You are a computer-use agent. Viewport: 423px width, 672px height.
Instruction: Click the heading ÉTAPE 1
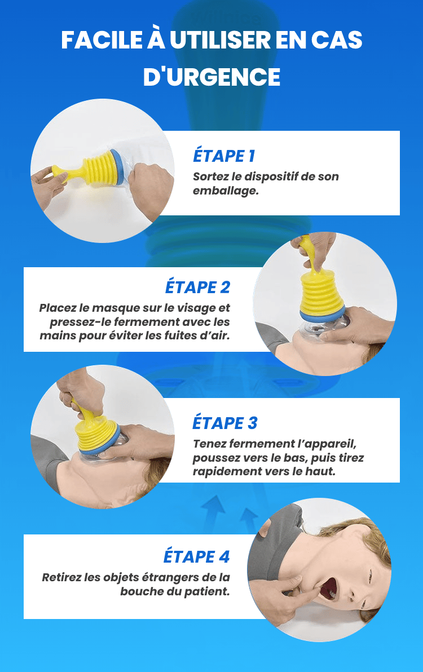pos(224,156)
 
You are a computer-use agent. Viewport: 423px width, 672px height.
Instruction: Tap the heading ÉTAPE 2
pos(197,287)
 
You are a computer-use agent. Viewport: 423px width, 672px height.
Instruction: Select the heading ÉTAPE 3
pos(224,423)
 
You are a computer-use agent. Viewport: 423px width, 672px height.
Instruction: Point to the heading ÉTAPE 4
pos(197,557)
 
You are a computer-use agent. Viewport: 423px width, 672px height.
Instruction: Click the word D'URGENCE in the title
pos(211,77)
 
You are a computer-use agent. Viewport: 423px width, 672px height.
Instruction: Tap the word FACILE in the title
pos(101,40)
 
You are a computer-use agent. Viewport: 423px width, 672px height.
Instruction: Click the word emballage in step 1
pos(226,191)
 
